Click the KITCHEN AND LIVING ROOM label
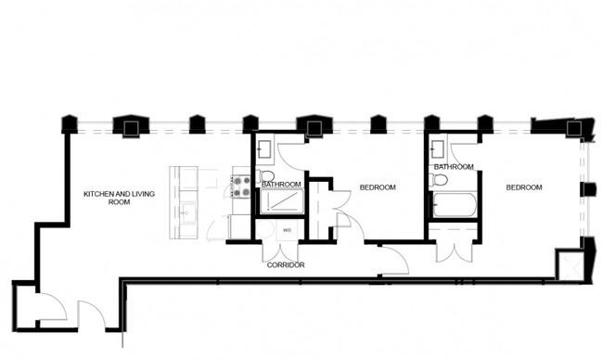[120, 198]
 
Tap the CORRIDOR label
[286, 265]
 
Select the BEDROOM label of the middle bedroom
[378, 187]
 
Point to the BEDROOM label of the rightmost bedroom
[524, 187]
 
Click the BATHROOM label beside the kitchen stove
[281, 185]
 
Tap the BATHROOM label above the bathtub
[454, 167]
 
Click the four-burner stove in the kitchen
[240, 186]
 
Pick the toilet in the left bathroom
[265, 175]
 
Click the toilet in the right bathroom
[438, 180]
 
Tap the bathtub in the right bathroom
[455, 205]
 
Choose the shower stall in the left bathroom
[282, 201]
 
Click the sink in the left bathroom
[265, 148]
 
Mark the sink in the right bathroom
[438, 148]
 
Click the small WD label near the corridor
[287, 230]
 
